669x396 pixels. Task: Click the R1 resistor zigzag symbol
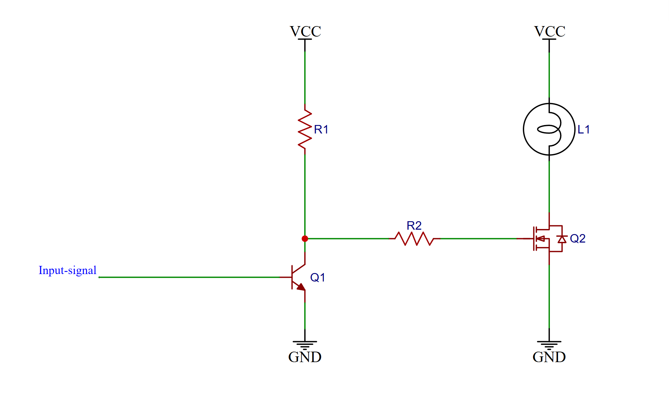[x=305, y=129]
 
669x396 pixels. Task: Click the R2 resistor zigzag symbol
[x=414, y=238]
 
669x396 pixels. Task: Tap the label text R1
[x=321, y=129]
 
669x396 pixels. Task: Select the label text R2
[x=414, y=226]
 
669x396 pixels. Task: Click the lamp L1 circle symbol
[x=549, y=129]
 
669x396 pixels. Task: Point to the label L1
[x=583, y=129]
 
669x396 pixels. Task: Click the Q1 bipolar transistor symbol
[x=298, y=277]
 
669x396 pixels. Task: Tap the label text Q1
[x=317, y=277]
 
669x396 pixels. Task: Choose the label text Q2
[x=577, y=238]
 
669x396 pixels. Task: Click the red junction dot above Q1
[x=305, y=238]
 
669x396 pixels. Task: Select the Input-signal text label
[x=67, y=270]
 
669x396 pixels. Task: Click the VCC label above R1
[x=305, y=32]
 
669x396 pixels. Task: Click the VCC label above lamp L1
[x=550, y=32]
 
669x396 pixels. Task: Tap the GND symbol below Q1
[x=305, y=345]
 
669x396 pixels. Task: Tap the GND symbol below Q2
[x=549, y=345]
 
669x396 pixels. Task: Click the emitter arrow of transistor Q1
[x=300, y=287]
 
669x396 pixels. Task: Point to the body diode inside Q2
[x=562, y=239]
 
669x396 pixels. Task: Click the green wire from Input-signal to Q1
[x=189, y=277]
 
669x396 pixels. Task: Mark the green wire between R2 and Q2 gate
[x=477, y=238]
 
